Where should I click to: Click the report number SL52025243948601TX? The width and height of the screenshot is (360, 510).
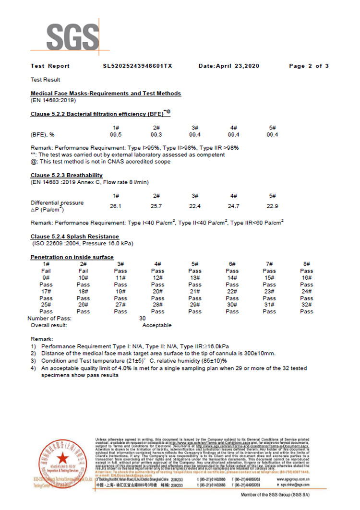coord(137,66)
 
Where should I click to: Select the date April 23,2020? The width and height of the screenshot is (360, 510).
coord(228,66)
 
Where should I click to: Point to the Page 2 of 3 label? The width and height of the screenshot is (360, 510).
coord(309,66)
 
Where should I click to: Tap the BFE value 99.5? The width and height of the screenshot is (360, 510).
coord(116,134)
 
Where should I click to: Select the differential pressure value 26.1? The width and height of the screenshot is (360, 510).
coord(116,205)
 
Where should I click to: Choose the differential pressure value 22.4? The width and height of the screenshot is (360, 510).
coord(194,205)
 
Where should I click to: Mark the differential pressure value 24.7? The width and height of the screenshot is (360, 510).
coord(233,205)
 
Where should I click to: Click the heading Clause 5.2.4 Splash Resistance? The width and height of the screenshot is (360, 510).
coord(75,237)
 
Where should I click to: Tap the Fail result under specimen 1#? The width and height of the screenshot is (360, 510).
coord(46,271)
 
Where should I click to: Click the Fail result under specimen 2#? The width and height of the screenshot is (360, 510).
coord(83,271)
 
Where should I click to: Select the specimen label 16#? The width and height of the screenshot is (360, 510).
coord(307,278)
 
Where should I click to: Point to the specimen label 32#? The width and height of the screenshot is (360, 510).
coord(307,305)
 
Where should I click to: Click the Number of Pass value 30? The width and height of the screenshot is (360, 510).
coord(142,318)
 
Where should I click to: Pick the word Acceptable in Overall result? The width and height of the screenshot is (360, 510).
coord(157,325)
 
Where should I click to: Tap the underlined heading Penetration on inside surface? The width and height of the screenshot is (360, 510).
coord(72,258)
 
